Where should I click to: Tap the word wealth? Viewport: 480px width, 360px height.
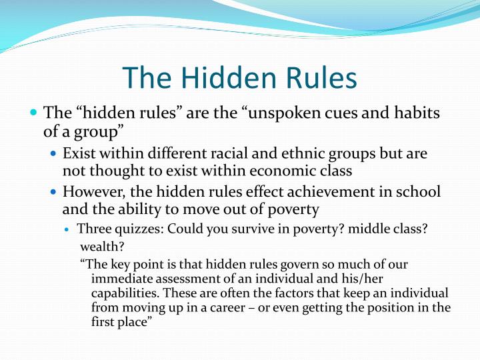coord(97,246)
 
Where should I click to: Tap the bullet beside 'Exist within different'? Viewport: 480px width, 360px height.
coord(54,154)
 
